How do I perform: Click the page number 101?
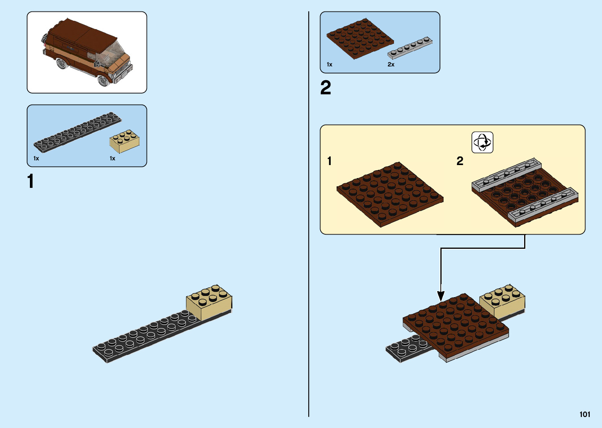(x=585, y=414)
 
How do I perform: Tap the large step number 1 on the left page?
(x=31, y=182)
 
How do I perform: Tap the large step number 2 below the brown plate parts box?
(x=326, y=88)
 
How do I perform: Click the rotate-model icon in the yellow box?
(x=482, y=142)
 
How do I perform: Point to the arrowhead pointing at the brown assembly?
(x=441, y=296)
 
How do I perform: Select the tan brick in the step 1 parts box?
(x=124, y=141)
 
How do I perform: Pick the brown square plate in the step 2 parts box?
(x=360, y=39)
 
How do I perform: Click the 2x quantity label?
(x=391, y=64)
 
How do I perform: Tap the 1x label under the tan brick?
(x=112, y=158)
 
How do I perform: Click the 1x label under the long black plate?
(x=36, y=158)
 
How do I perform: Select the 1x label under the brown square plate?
(x=330, y=64)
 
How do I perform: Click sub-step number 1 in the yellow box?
(x=330, y=161)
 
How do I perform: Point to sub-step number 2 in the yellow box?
(x=460, y=161)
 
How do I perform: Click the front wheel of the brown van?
(x=103, y=80)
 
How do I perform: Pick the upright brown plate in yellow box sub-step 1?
(x=389, y=194)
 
